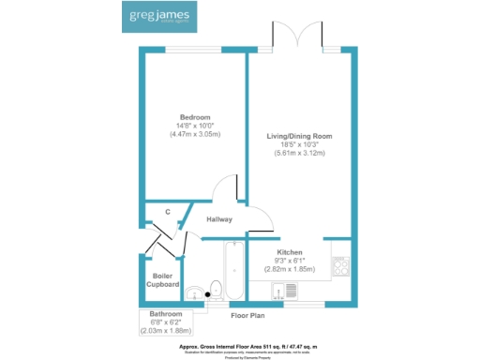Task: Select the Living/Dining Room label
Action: coord(300,136)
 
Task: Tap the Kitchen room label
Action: coord(289,253)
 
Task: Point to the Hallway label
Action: coord(218,219)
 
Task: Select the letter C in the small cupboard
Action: coord(167,212)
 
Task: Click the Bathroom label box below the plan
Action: coord(165,319)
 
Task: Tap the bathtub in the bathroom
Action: coord(232,271)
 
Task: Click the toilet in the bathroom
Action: coord(215,290)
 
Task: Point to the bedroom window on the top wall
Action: coord(194,49)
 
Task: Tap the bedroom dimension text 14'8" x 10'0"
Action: coord(195,126)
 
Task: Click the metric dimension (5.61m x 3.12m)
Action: coord(300,153)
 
